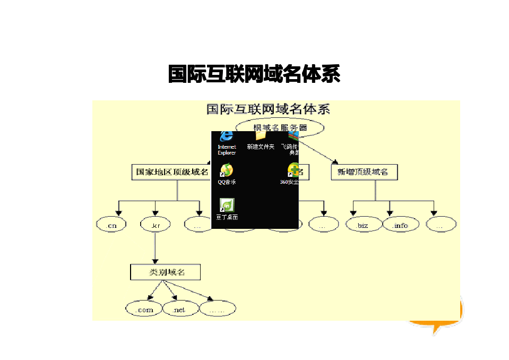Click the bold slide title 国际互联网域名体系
[x=254, y=74]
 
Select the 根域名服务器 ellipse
[x=280, y=127]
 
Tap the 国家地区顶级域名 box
[x=171, y=172]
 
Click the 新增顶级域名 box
[x=364, y=172]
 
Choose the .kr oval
[x=155, y=225]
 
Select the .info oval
[x=401, y=225]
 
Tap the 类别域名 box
[x=166, y=272]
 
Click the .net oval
[x=179, y=309]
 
